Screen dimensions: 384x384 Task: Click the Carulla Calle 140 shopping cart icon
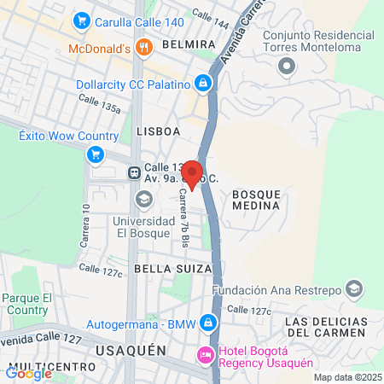[83, 20]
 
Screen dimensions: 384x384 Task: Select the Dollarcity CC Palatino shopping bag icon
[203, 83]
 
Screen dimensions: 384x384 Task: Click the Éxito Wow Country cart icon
[96, 154]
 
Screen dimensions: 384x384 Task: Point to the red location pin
[193, 174]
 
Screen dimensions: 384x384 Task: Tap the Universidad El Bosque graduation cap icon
[143, 200]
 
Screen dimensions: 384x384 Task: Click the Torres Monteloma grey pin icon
[287, 66]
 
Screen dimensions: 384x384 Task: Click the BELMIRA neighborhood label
[187, 43]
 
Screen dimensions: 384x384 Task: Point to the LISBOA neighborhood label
[158, 131]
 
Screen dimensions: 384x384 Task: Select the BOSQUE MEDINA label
[255, 200]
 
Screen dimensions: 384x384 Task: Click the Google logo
[28, 373]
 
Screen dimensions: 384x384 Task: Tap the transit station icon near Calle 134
[135, 172]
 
